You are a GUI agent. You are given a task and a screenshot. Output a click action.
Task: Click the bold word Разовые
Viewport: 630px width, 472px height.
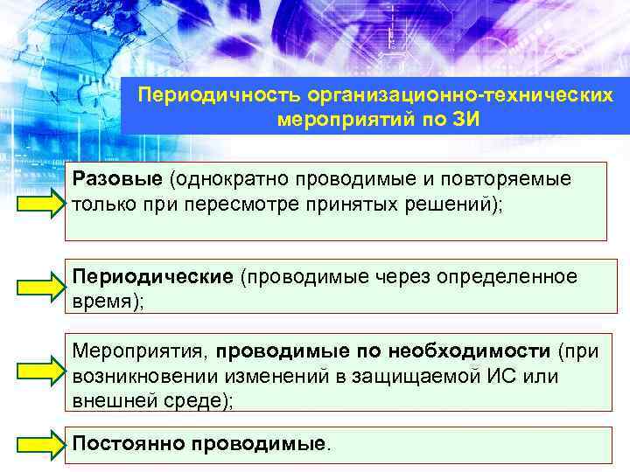117,179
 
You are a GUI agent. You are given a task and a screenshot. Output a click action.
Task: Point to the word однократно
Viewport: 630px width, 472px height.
232,179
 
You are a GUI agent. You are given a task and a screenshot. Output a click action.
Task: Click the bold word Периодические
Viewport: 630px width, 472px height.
153,277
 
